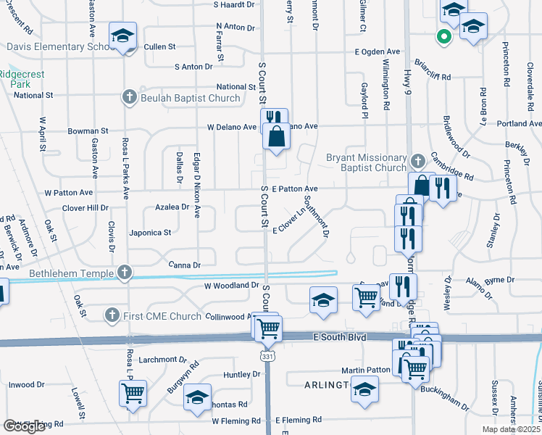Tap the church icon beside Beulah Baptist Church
pos(129,97)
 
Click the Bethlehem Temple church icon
pos(125,273)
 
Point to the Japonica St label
pos(150,233)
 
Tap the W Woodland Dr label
pos(231,286)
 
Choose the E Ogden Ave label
pos(377,52)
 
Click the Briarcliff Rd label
pos(432,76)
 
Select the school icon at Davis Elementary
pos(122,36)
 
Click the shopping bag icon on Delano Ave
pos(276,136)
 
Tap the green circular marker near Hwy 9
pos(443,36)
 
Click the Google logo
pos(24,426)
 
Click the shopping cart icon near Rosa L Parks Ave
pos(133,392)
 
